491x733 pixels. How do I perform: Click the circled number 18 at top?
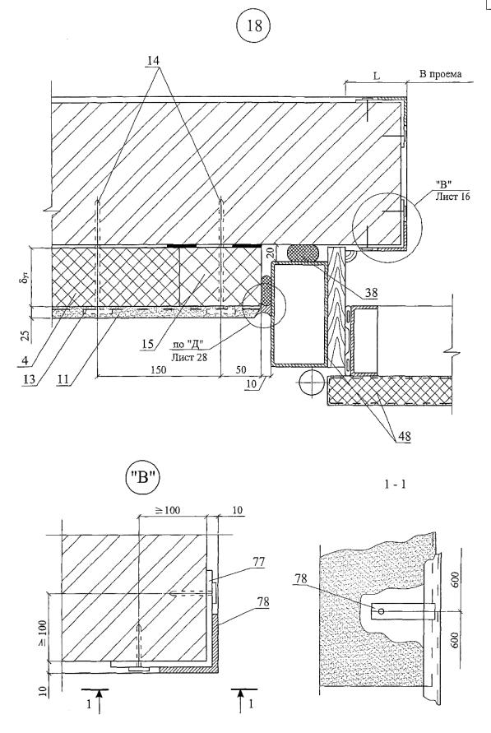click(255, 26)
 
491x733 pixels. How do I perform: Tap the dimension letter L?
click(376, 75)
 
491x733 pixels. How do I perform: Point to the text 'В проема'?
click(440, 74)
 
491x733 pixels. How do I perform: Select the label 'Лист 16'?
click(452, 197)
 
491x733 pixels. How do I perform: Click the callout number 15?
click(147, 344)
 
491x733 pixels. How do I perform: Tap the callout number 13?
click(29, 379)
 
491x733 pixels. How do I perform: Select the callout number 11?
click(63, 379)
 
